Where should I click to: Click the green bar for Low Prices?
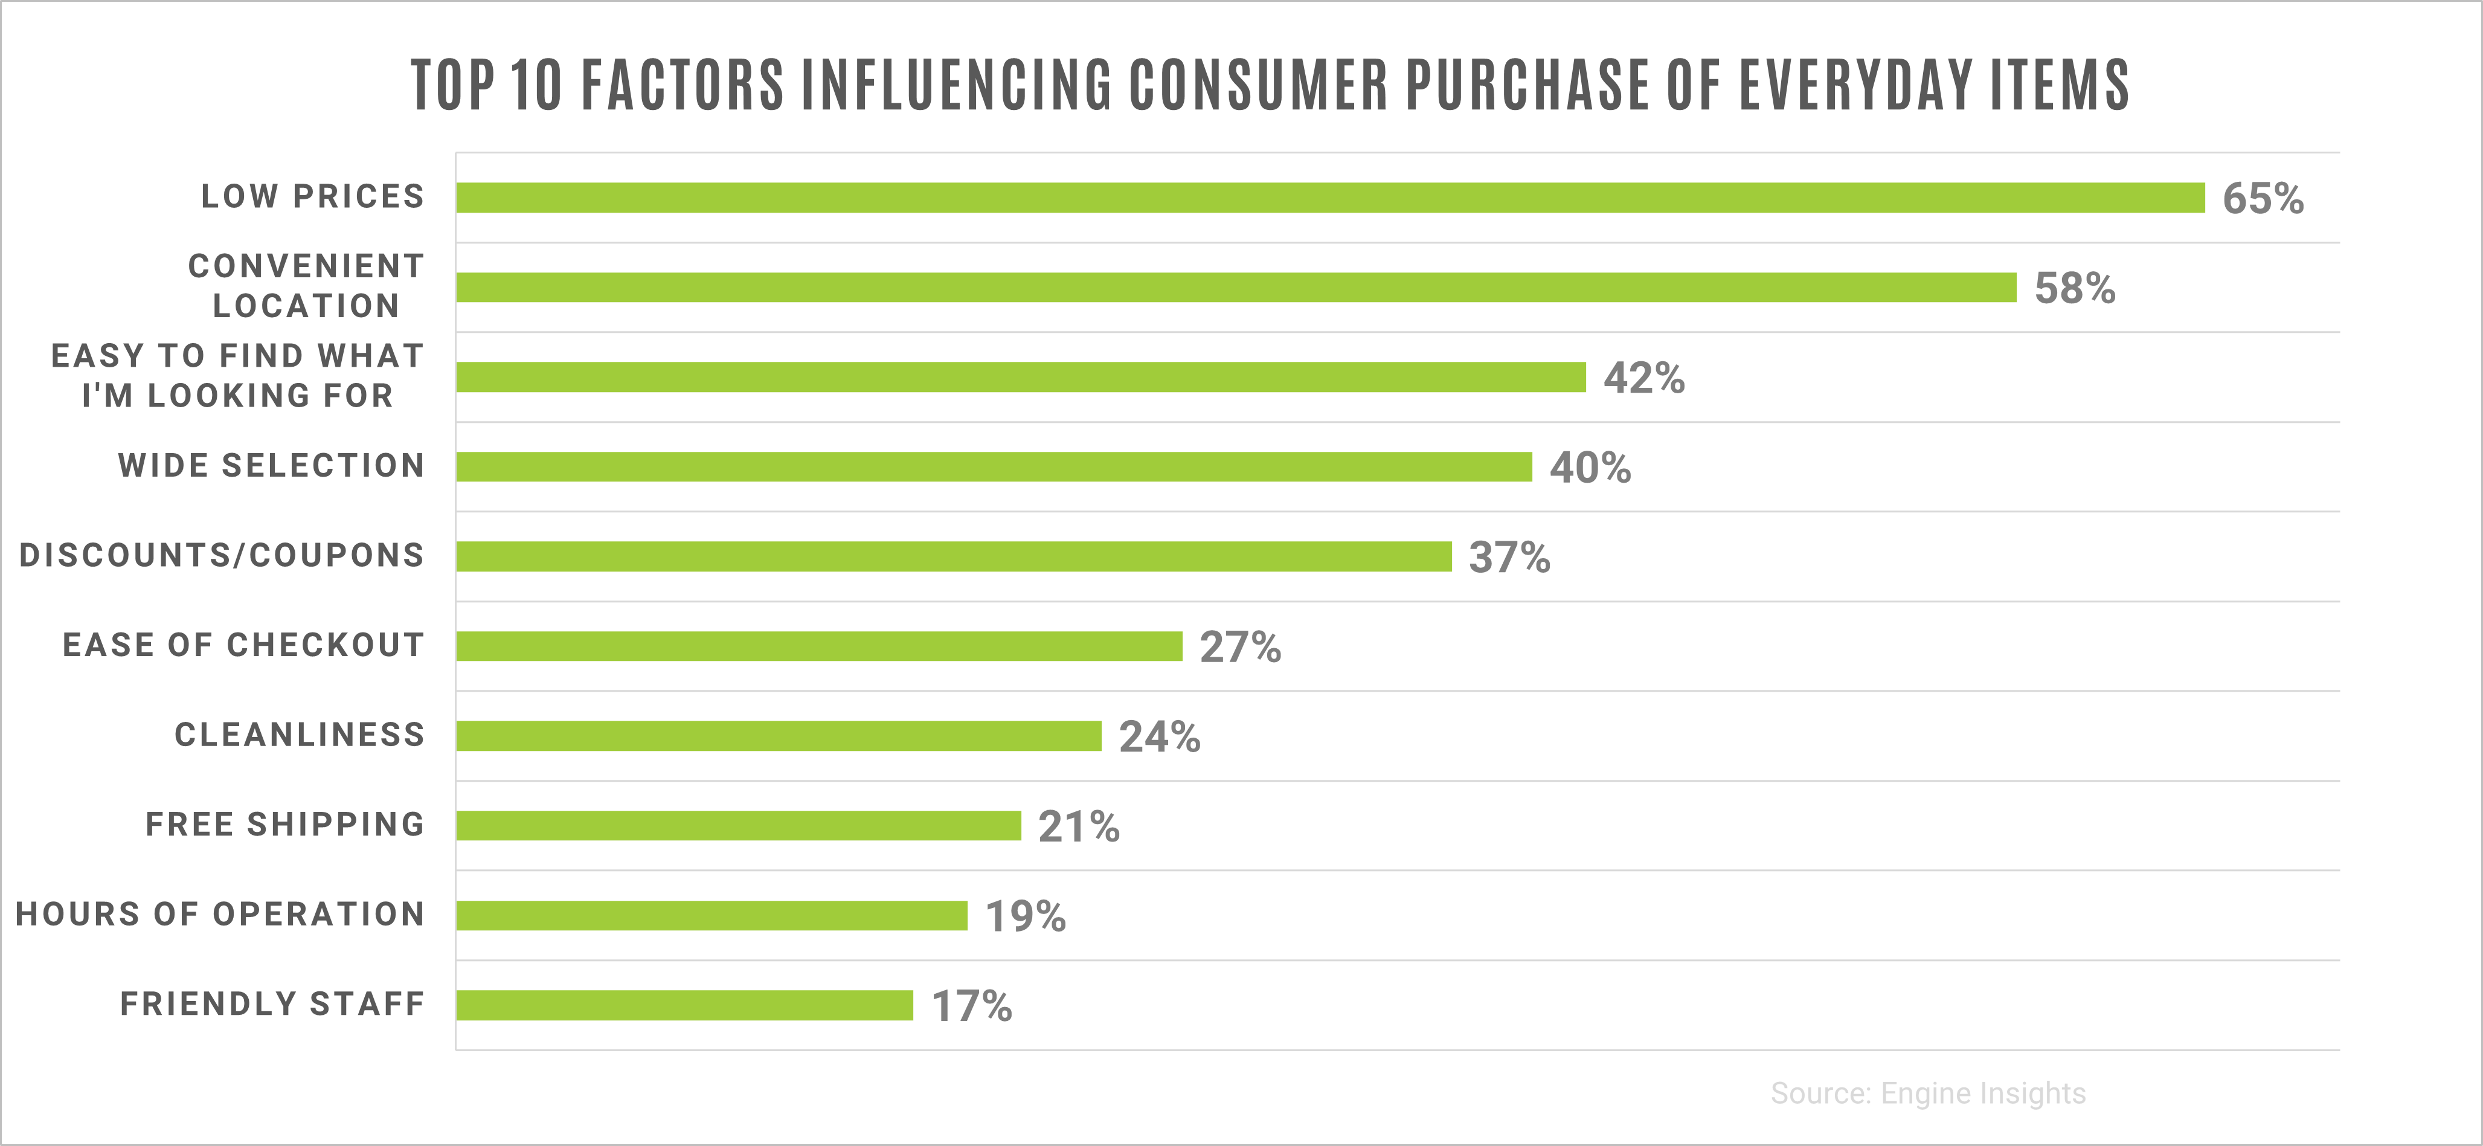coord(1330,198)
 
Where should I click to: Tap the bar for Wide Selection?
coord(994,466)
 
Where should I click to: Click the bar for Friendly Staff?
coord(684,1005)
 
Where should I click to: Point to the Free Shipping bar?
coord(738,826)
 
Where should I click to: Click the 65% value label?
coord(2263,199)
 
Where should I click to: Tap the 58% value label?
coord(2074,288)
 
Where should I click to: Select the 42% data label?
coord(1643,378)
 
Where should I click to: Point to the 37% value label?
coord(1509,557)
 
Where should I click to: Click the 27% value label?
coord(1239,647)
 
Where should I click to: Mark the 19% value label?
coord(1024,916)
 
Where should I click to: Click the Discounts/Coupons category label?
coord(222,555)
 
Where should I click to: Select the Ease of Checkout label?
coord(243,645)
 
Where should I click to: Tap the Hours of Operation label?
coord(220,913)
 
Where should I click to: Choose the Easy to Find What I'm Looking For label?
coord(237,376)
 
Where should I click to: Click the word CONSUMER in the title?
coord(1258,85)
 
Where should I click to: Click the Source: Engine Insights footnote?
coord(1928,1093)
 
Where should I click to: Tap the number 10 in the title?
coord(535,85)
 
